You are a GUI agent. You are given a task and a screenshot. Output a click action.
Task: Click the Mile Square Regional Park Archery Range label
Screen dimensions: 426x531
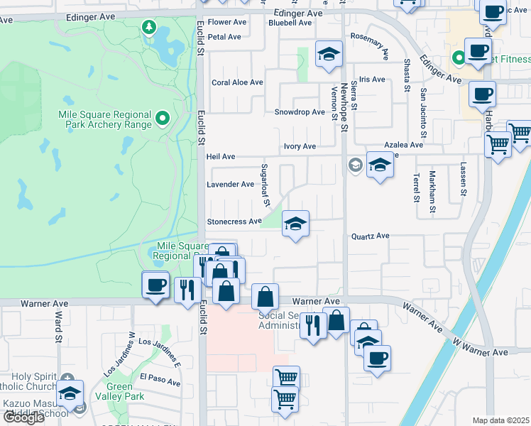(105, 119)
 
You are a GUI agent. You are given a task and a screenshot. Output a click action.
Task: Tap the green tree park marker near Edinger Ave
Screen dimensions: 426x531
(149, 28)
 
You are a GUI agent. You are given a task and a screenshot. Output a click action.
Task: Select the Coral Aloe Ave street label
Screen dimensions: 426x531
(238, 82)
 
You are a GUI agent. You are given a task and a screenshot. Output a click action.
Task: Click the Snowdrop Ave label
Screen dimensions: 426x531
(300, 112)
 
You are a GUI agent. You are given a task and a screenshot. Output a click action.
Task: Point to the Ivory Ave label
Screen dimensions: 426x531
(300, 146)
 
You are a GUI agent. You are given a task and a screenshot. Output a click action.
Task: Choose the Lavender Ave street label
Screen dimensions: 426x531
(230, 185)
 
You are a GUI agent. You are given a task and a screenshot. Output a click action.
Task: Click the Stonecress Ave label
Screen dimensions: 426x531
(234, 222)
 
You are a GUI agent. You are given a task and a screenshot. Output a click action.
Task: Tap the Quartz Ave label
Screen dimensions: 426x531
(371, 236)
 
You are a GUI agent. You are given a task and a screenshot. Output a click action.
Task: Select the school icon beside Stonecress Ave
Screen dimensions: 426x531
(295, 224)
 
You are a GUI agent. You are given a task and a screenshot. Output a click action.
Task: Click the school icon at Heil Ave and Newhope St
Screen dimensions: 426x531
(380, 165)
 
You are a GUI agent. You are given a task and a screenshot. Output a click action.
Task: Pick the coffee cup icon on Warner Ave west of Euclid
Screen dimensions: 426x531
(155, 285)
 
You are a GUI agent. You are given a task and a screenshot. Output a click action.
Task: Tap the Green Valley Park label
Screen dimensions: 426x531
(125, 392)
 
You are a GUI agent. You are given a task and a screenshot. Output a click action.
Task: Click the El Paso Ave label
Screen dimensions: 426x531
(160, 379)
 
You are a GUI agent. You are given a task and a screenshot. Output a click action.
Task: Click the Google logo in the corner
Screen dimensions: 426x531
(23, 417)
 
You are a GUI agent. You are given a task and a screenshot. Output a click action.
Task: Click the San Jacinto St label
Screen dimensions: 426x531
(423, 114)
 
